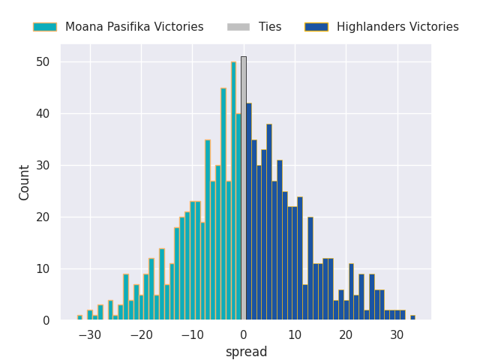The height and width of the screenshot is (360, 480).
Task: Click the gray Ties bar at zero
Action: click(243, 188)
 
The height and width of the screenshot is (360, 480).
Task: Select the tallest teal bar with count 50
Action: click(233, 191)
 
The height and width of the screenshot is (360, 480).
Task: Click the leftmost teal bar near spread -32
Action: click(79, 318)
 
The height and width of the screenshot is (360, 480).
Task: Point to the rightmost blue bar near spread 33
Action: click(412, 318)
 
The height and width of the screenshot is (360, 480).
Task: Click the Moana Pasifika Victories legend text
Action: click(134, 27)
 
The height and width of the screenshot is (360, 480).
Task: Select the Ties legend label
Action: click(270, 27)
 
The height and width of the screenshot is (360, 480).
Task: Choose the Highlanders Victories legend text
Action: click(397, 27)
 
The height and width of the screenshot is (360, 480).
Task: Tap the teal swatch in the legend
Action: click(44, 27)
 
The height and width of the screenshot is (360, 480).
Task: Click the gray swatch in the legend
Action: click(238, 27)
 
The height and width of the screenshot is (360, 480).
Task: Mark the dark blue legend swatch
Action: click(316, 27)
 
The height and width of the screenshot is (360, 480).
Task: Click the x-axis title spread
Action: click(246, 352)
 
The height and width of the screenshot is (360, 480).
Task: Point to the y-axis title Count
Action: click(25, 182)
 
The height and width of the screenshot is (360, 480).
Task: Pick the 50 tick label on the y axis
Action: click(43, 61)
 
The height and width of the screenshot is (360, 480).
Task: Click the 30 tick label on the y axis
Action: click(43, 165)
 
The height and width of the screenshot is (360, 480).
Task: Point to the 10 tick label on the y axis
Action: click(43, 268)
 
